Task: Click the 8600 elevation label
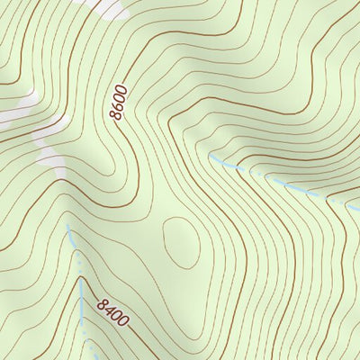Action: [119, 103]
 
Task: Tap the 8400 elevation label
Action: [114, 311]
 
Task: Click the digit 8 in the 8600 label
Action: [115, 116]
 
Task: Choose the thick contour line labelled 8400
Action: [139, 338]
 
